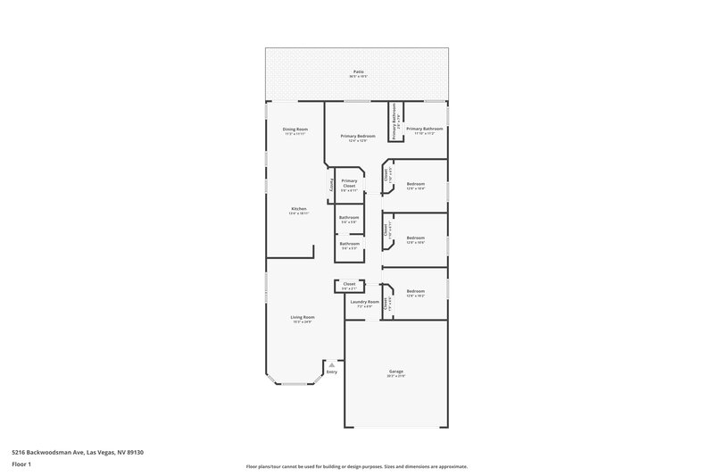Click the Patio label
pos(357,71)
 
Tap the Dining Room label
pos(295,129)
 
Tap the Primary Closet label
pos(349,183)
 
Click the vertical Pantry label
pos(332,185)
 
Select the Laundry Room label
pos(364,302)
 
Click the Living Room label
pos(303,317)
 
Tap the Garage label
pos(396,372)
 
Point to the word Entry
pos(332,372)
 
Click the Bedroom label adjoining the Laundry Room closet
pos(416,291)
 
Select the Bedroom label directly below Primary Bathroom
pos(416,184)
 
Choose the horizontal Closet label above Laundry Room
pos(349,284)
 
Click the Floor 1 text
pos(22,464)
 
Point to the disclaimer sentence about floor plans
pos(356,466)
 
